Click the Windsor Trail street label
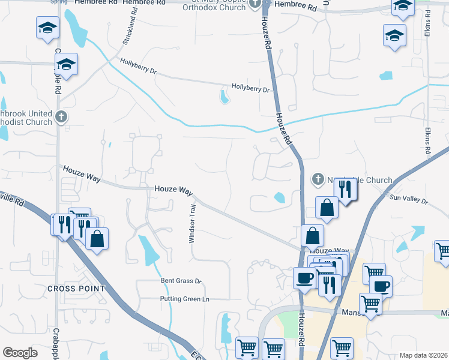coord(193,223)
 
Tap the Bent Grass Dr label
coord(179,281)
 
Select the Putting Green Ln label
coord(184,299)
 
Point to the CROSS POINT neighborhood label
coord(76,289)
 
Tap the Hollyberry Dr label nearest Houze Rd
coord(251,89)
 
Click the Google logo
coord(20,353)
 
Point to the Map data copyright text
coord(424,355)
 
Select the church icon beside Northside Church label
coord(318,179)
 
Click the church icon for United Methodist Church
coord(60,117)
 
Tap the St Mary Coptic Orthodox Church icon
coord(255,5)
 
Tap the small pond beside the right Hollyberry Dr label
coord(224,96)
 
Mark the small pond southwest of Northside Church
coord(279,197)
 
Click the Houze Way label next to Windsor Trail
coord(173,189)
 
